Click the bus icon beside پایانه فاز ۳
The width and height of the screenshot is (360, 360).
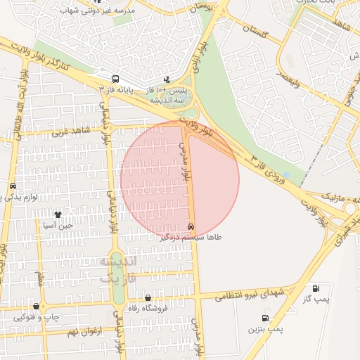pyautogui.click(x=115, y=79)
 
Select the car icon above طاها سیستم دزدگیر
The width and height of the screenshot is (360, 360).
pyautogui.click(x=191, y=226)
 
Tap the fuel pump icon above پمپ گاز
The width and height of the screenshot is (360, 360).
pyautogui.click(x=315, y=288)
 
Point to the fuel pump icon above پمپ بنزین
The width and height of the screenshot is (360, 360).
pyautogui.click(x=264, y=317)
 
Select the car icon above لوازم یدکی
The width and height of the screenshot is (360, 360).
pyautogui.click(x=13, y=186)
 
